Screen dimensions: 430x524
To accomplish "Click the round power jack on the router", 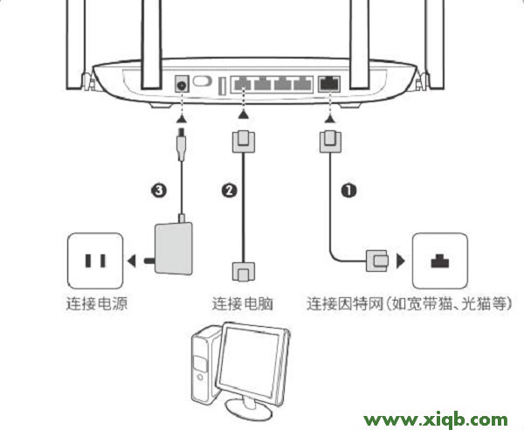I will tap(183, 84).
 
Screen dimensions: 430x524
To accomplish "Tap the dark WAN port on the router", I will tap(330, 84).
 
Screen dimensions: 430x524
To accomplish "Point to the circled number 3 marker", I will tap(156, 189).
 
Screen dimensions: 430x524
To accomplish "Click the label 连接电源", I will tap(96, 305).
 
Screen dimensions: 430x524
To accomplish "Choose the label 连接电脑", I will tap(243, 305).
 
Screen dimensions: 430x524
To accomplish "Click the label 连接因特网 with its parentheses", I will tap(409, 305).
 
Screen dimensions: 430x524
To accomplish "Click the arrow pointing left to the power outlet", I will tap(130, 260).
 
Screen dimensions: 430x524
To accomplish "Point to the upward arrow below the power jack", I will tap(183, 115).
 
